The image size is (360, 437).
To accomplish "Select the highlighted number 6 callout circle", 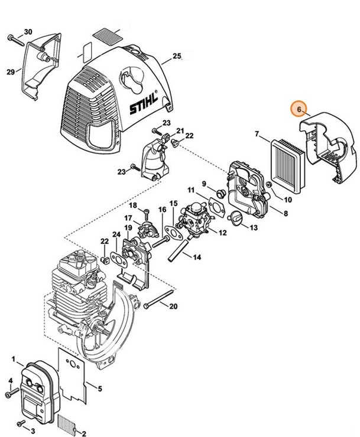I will [299, 109].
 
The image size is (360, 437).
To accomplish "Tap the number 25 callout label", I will [176, 57].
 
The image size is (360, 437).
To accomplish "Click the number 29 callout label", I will [10, 71].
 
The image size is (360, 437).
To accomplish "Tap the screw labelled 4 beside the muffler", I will [8, 393].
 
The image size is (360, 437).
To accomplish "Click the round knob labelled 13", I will [235, 218].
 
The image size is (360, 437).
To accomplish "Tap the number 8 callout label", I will [286, 213].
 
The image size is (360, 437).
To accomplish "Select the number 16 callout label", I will [162, 210].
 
